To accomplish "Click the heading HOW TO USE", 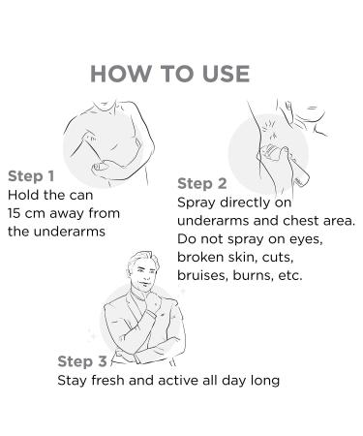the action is (170, 74).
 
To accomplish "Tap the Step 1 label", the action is (31, 176).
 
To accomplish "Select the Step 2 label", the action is (202, 184).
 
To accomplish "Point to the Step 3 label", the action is (82, 361).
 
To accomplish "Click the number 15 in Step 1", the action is (14, 213).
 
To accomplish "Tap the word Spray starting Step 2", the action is (197, 203).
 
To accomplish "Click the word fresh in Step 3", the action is (107, 380).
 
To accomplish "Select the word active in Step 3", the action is (178, 380).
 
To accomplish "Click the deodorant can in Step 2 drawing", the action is (285, 166).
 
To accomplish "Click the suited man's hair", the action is (144, 259).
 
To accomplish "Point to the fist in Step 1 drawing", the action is (100, 168).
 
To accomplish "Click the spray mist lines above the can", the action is (270, 131).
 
